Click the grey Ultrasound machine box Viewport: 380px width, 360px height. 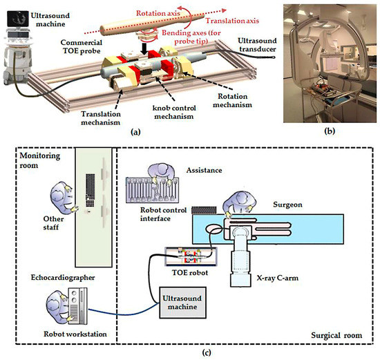coord(182,303)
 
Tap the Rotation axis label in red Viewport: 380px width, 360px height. coord(158,13)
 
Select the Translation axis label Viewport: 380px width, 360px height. coord(232,21)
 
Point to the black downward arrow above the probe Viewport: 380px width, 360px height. coord(144,49)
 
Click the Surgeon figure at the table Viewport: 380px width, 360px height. coord(240,203)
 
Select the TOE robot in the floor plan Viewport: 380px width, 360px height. coord(191,256)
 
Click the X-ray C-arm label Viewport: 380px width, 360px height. coord(278,278)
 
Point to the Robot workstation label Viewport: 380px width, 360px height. coord(75,334)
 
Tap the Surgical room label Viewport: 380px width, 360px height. coord(336,336)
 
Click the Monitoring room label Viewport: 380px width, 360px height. coord(39,160)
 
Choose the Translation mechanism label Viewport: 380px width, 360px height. coord(101,118)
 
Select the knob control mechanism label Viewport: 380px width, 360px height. coord(174,112)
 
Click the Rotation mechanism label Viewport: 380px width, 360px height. coord(232,100)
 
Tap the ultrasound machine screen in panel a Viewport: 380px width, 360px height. coord(18,19)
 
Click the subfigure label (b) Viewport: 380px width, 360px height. coord(330,131)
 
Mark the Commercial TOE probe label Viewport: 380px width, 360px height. coord(82,46)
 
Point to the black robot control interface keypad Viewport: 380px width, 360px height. coord(204,211)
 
